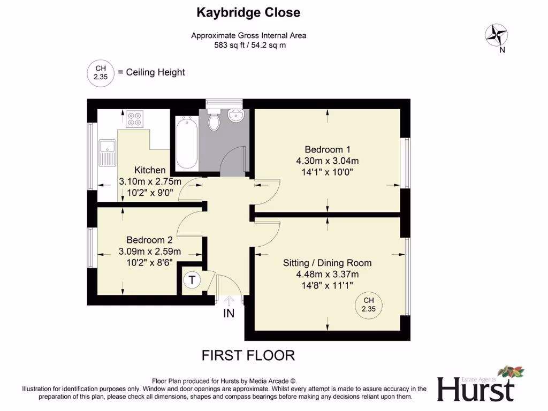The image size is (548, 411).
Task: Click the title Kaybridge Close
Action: pos(248,12)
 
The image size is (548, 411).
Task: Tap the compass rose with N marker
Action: pos(496,36)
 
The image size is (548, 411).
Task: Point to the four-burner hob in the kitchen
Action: pos(134,119)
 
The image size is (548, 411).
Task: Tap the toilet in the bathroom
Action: pos(215,120)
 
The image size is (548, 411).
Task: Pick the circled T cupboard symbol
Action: pos(192,279)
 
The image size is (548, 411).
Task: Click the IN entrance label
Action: pos(229,314)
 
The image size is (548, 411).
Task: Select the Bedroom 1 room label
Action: pos(327,149)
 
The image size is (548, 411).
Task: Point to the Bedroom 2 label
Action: pos(149,240)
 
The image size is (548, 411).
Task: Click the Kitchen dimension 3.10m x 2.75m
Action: pos(150,182)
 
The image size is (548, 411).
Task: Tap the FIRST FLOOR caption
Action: pos(248,355)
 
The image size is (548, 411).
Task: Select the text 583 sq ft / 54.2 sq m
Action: pos(249,45)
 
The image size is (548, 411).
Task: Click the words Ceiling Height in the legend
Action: pos(156,72)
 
